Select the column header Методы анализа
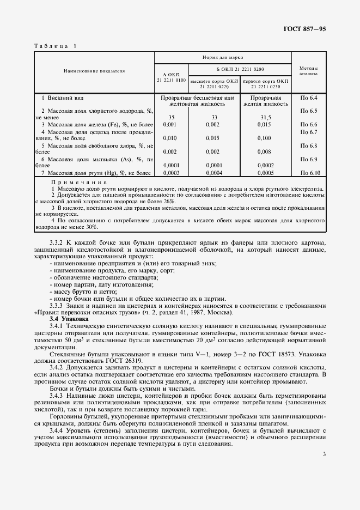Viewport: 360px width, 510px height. point(308,71)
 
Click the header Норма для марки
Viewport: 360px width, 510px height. point(223,57)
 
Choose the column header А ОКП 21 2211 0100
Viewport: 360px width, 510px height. point(171,77)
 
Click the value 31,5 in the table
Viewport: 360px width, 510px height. point(266,117)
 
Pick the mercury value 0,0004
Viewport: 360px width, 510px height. point(214,173)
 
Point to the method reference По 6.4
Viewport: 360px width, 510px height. point(308,97)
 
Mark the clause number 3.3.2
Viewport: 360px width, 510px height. point(58,242)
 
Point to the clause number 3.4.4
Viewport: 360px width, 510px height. point(58,429)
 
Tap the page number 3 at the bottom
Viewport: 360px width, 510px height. point(324,453)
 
